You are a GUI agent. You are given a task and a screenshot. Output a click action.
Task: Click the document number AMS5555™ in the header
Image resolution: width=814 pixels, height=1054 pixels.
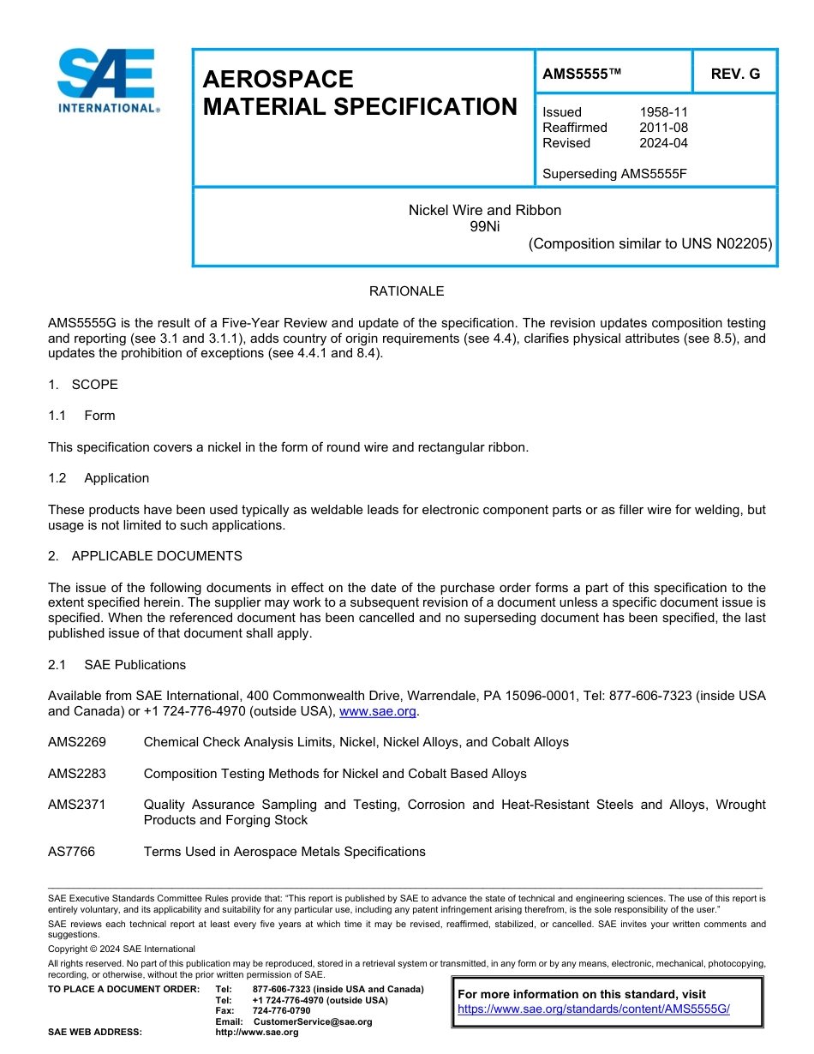582,75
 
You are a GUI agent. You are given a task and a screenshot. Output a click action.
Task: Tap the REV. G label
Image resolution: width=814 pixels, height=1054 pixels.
734,75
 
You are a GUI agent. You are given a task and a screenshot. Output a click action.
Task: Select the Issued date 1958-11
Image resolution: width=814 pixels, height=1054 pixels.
663,112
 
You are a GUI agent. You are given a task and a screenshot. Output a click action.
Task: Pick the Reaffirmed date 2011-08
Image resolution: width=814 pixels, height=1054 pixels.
663,128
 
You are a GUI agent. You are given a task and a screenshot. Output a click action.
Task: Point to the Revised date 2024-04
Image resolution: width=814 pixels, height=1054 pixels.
663,143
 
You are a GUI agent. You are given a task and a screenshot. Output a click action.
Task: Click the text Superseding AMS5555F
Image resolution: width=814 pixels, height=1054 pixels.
614,174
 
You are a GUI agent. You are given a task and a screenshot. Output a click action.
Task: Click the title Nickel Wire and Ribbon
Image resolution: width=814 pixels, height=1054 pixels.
484,210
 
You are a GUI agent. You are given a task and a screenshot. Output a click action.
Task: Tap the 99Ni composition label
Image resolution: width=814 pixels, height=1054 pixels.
484,226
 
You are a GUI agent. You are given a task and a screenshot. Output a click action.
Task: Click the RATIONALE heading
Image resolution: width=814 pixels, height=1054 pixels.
406,291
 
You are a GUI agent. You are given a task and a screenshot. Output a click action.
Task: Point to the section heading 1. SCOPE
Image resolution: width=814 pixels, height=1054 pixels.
83,385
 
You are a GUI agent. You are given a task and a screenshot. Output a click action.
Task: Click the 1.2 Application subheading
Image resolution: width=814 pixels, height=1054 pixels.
99,478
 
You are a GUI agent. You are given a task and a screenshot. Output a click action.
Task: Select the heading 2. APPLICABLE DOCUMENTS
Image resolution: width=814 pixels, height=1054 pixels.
145,556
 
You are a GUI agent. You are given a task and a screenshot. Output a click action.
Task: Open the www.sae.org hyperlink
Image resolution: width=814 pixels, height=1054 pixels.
378,711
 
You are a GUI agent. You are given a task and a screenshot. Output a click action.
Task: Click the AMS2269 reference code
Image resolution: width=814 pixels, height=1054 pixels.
77,742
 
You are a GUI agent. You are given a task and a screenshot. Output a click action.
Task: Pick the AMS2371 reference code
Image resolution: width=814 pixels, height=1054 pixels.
77,805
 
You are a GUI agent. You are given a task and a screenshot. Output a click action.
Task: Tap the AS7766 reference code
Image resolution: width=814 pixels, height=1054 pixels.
72,852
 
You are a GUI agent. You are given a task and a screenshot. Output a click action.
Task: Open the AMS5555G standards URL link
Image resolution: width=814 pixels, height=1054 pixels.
593,1009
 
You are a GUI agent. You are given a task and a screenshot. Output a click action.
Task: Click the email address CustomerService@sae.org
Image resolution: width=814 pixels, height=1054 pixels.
313,1021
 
